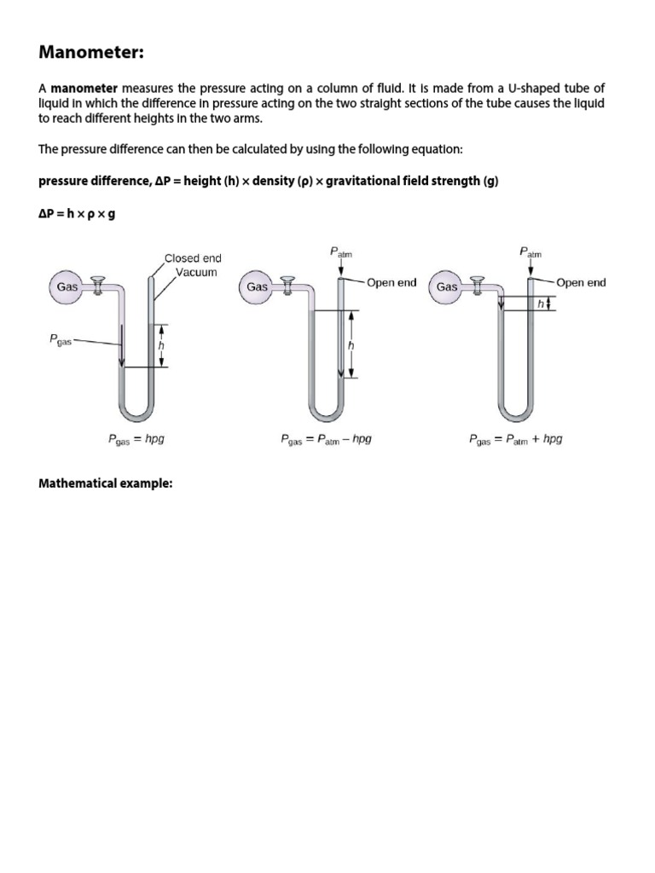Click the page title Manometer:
click(92, 53)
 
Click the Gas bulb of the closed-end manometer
click(67, 287)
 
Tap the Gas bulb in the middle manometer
click(258, 287)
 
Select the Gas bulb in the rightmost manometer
click(448, 287)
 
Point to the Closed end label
click(193, 258)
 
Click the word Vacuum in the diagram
click(196, 273)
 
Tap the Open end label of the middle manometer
click(391, 283)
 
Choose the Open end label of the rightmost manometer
click(581, 283)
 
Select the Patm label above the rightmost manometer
click(530, 252)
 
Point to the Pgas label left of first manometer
click(60, 340)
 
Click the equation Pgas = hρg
click(142, 440)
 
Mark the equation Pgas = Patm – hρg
click(326, 440)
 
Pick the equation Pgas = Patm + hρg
click(515, 440)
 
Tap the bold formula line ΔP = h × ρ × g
click(77, 213)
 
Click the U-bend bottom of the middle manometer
click(327, 415)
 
